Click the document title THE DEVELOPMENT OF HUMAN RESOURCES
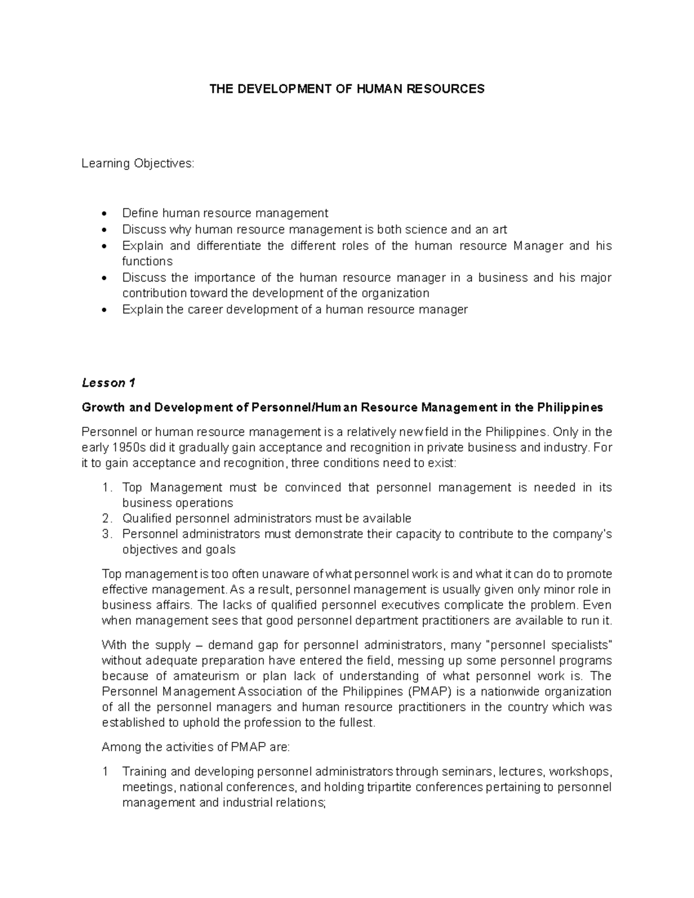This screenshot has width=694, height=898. click(346, 89)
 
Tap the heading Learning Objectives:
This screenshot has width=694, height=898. click(138, 164)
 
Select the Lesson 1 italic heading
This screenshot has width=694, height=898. click(108, 383)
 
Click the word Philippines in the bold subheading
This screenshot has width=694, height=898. click(570, 408)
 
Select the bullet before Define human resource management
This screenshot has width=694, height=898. click(104, 214)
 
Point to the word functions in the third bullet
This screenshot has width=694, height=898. click(147, 261)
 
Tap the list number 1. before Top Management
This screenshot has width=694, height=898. click(106, 488)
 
